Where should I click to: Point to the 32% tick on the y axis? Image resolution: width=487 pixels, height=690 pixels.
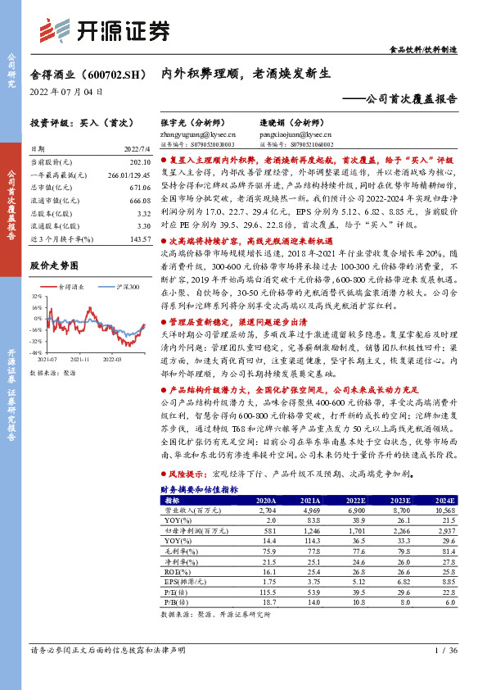click(x=38, y=295)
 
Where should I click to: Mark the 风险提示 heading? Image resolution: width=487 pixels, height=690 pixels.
click(x=187, y=474)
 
